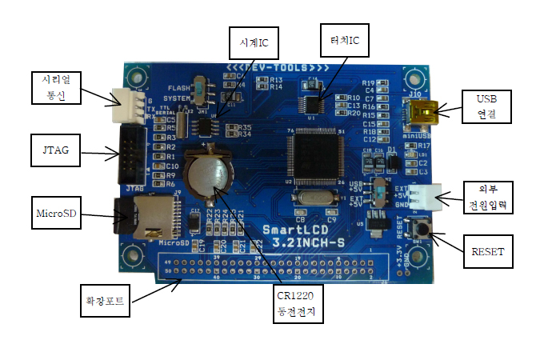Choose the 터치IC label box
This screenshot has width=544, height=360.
coord(344,38)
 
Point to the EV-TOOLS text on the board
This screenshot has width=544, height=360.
coord(272,68)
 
